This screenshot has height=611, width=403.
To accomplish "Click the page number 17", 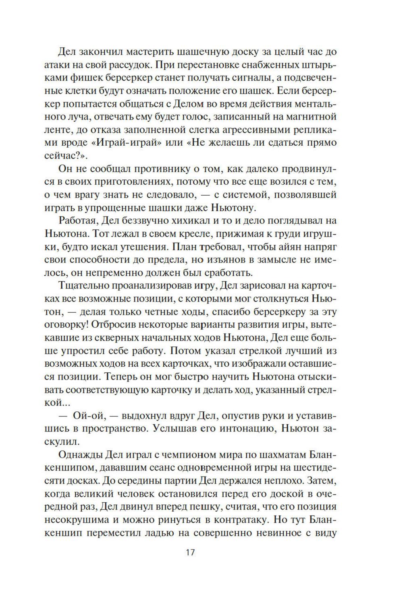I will click(x=190, y=552).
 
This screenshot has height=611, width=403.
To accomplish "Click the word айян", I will click(x=282, y=247).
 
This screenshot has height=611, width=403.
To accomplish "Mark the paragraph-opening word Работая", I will click(x=78, y=221).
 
